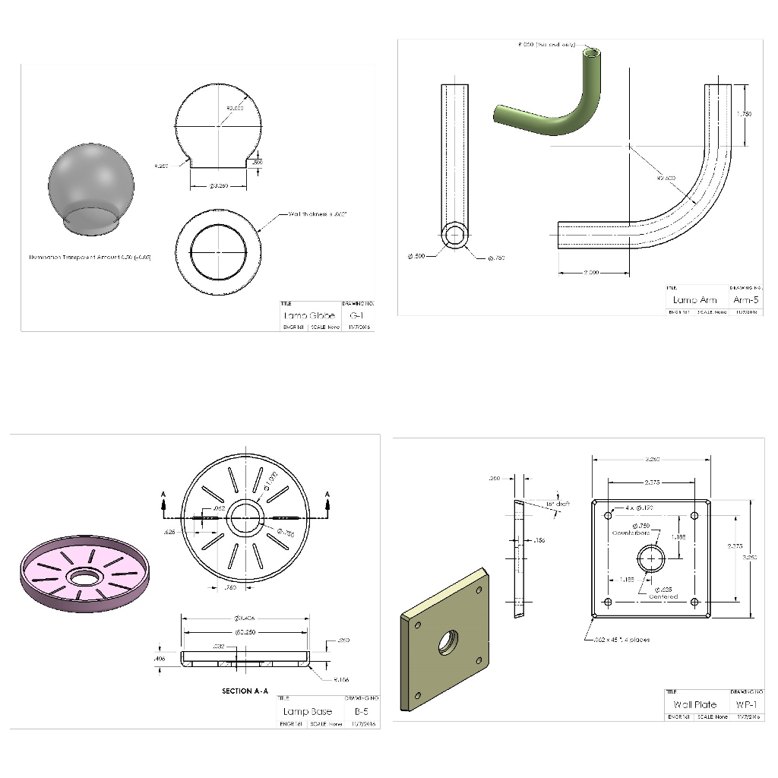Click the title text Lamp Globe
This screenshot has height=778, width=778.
[x=309, y=315]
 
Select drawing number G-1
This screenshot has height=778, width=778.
[x=356, y=315]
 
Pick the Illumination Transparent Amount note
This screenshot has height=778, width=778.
[x=90, y=258]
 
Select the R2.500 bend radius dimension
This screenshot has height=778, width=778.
[x=666, y=178]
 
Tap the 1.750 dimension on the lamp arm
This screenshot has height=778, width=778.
[x=745, y=114]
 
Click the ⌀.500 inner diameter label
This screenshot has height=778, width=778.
[x=416, y=256]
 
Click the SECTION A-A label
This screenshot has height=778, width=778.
[x=245, y=691]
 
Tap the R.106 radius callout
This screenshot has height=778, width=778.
[x=342, y=680]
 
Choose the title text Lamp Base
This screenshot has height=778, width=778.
[x=308, y=712]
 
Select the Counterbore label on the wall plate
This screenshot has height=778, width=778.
[x=631, y=533]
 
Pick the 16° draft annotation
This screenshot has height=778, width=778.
[x=558, y=504]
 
